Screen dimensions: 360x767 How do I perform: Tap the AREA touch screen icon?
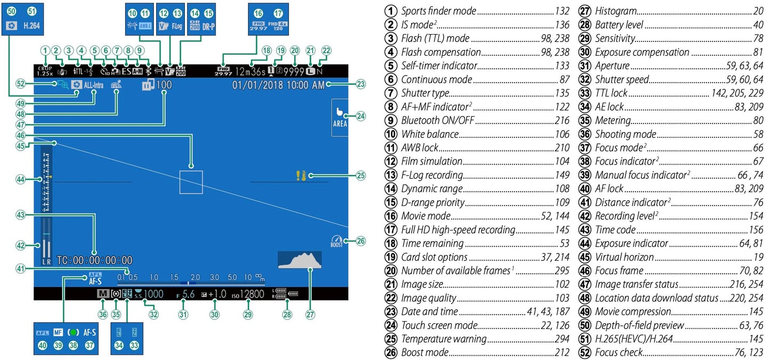pos(339,118)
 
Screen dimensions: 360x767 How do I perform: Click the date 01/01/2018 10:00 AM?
pos(278,84)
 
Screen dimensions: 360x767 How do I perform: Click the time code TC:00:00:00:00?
pos(95,260)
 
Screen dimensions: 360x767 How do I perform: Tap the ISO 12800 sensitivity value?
pos(248,293)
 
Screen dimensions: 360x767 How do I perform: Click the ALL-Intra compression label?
pos(94,84)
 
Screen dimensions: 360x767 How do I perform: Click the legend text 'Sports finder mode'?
pos(438,11)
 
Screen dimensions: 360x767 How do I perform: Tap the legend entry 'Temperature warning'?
pos(444,339)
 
